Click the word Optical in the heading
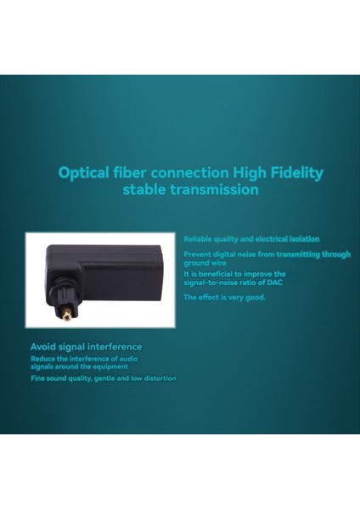[x=83, y=173]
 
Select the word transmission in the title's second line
[x=212, y=190]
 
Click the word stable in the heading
[x=144, y=190]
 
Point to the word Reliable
[x=199, y=239]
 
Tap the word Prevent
[x=200, y=254]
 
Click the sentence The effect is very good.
[x=225, y=298]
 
